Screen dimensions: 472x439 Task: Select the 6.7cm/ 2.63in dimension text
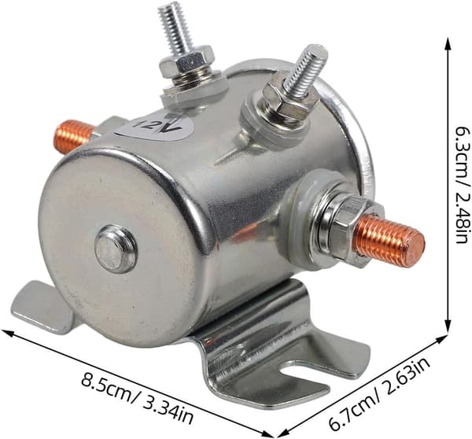[x=379, y=394]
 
